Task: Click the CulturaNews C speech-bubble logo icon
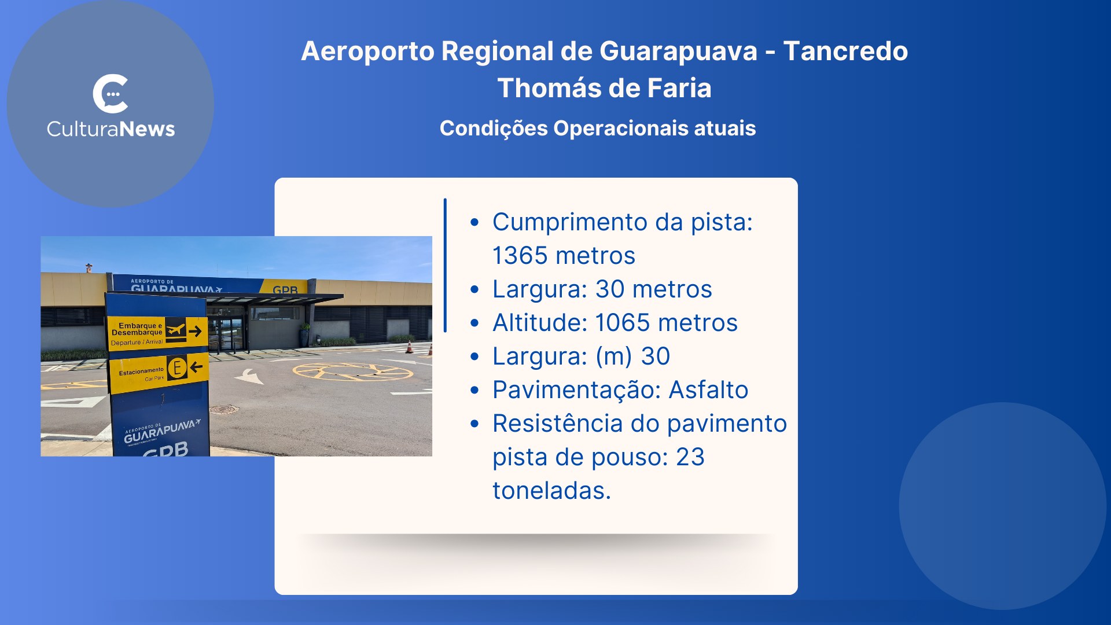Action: (111, 94)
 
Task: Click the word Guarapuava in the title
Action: (678, 52)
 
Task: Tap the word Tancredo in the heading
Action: (845, 51)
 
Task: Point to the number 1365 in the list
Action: (520, 256)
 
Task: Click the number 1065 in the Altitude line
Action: (623, 323)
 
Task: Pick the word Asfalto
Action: (708, 390)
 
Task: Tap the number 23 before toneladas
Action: (690, 457)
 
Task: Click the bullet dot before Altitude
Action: (475, 323)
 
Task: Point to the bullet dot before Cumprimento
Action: (475, 222)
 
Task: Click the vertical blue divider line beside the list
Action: (445, 266)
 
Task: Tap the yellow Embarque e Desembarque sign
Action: (157, 333)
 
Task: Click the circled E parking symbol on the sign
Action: (177, 367)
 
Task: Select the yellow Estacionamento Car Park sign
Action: (159, 373)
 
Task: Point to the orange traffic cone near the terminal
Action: (409, 347)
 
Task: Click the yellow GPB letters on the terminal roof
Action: (285, 290)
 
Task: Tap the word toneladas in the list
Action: (551, 491)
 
